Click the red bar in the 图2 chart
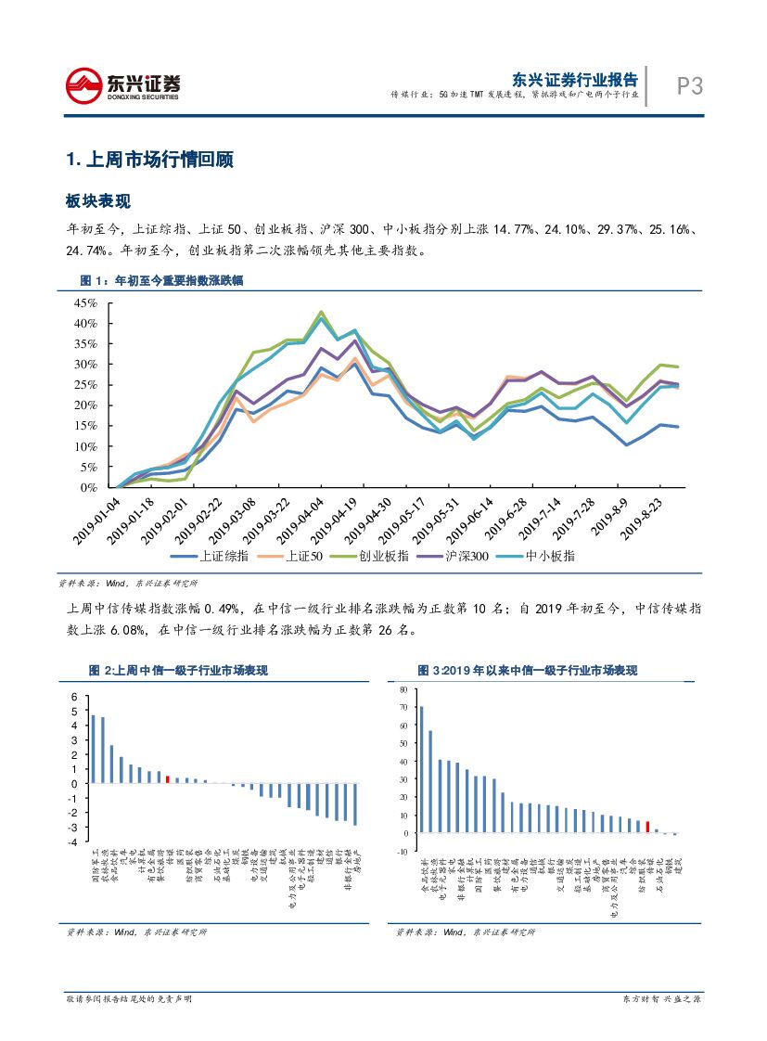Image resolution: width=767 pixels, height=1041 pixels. click(167, 779)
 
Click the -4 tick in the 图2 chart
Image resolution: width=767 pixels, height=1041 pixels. click(74, 842)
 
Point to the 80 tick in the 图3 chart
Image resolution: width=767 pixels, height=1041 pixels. click(403, 690)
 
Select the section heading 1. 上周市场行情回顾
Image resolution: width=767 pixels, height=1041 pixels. click(149, 160)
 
